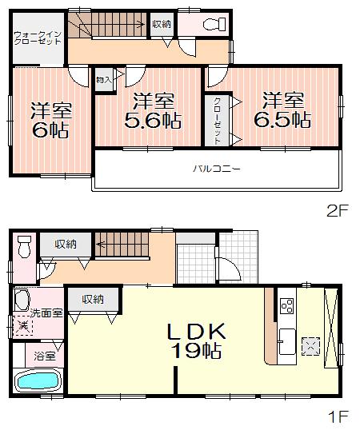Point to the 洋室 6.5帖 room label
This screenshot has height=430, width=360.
(283, 110)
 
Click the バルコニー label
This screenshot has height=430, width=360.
(216, 169)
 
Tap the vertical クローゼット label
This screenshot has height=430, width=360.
(217, 121)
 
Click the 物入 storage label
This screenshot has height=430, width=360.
(104, 79)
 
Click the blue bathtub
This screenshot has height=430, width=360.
(38, 381)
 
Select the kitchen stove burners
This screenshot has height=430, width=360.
(287, 307)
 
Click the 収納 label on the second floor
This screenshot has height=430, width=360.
(160, 24)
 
